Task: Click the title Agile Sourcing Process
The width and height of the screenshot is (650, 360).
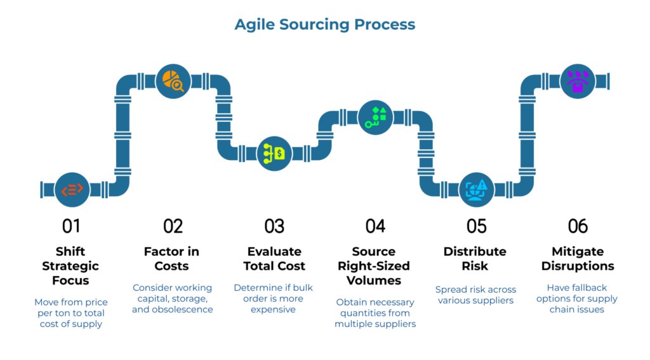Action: tap(324, 25)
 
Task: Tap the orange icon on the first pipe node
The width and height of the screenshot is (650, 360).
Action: tap(72, 189)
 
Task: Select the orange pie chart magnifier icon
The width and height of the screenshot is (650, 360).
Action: tap(173, 81)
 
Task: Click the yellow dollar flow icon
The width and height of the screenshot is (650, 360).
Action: tap(274, 153)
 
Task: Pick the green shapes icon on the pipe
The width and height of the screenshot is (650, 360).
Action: tap(375, 117)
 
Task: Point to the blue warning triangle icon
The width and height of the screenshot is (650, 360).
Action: tap(476, 189)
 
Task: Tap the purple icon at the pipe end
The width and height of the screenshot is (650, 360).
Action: tap(578, 81)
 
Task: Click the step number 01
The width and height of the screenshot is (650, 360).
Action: tap(71, 226)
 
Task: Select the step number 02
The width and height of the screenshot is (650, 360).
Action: tap(173, 226)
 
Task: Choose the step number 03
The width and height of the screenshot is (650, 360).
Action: tap(274, 226)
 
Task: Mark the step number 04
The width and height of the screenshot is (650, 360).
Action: tap(375, 226)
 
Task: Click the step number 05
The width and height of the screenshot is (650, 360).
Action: tap(476, 226)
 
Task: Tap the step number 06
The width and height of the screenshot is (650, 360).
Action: tap(578, 226)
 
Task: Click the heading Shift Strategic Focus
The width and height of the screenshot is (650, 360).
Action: tap(71, 266)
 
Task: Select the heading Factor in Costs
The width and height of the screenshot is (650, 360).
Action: tap(173, 259)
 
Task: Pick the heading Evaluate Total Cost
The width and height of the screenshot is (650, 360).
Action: tap(274, 259)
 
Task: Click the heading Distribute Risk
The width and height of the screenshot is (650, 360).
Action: tap(476, 259)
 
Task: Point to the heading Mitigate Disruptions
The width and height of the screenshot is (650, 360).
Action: tap(578, 259)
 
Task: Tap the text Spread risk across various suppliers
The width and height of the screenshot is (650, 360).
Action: tap(476, 295)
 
